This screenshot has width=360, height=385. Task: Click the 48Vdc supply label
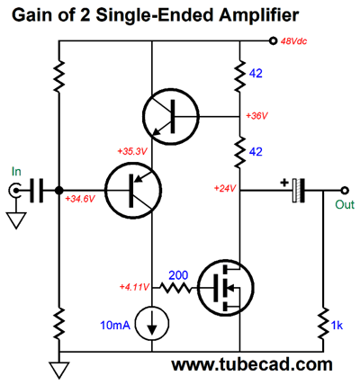[x=293, y=41]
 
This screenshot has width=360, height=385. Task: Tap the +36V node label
[x=256, y=116]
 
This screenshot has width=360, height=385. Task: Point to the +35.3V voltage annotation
[x=132, y=151]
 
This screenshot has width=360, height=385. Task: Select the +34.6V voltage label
[x=80, y=199]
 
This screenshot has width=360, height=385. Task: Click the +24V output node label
[x=225, y=188]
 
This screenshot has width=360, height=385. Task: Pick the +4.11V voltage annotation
[x=134, y=287]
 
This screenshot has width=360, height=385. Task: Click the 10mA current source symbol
[x=152, y=324]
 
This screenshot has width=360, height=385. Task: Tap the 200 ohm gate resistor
[x=175, y=288]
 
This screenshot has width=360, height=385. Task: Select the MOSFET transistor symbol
[x=227, y=288]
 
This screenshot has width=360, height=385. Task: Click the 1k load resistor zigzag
[x=323, y=324]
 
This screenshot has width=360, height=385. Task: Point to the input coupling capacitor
[x=36, y=190]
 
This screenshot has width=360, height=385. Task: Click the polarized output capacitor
[x=298, y=190]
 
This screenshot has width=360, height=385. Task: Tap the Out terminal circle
[x=345, y=190]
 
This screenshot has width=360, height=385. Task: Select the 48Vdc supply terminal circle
[x=273, y=41]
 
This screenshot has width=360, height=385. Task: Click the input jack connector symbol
[x=14, y=190]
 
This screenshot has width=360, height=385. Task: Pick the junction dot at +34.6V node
[x=59, y=190]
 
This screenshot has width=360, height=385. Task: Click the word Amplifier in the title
[x=259, y=15]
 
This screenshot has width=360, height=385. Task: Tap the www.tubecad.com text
[x=252, y=364]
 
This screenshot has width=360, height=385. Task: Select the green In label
[x=16, y=172]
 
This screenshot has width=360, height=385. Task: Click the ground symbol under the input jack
[x=15, y=220]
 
